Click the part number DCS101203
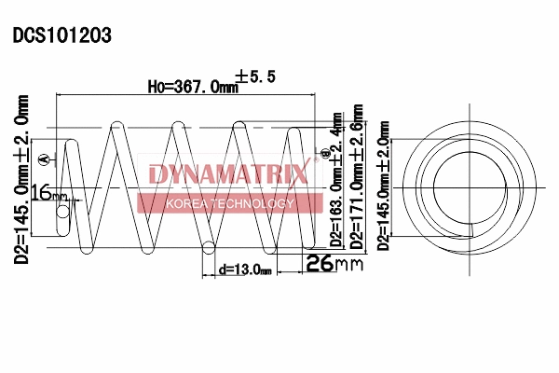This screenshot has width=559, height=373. [x=62, y=36]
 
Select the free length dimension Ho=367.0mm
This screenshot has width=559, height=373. [x=191, y=86]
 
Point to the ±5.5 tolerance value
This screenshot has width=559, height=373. [x=256, y=78]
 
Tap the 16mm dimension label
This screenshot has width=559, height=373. [x=48, y=194]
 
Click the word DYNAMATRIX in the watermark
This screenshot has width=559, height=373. [x=228, y=174]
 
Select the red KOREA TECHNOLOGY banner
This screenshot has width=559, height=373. [x=229, y=203]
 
